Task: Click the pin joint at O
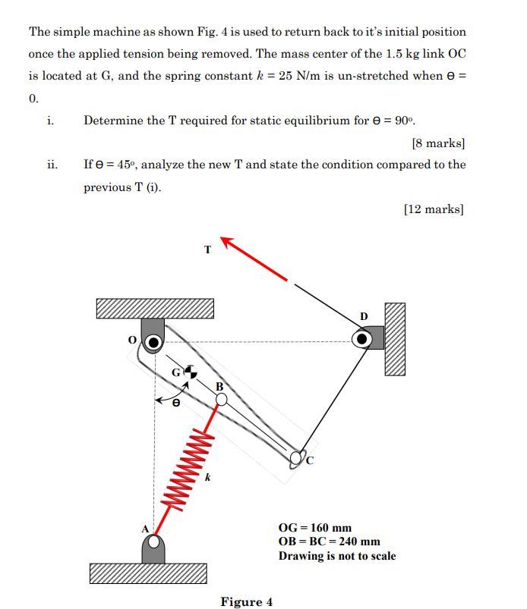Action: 153,343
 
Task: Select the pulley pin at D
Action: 362,338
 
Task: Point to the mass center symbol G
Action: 190,371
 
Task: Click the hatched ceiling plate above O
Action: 155,309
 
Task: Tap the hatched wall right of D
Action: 395,338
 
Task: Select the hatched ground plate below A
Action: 148,573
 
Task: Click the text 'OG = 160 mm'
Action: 315,528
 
